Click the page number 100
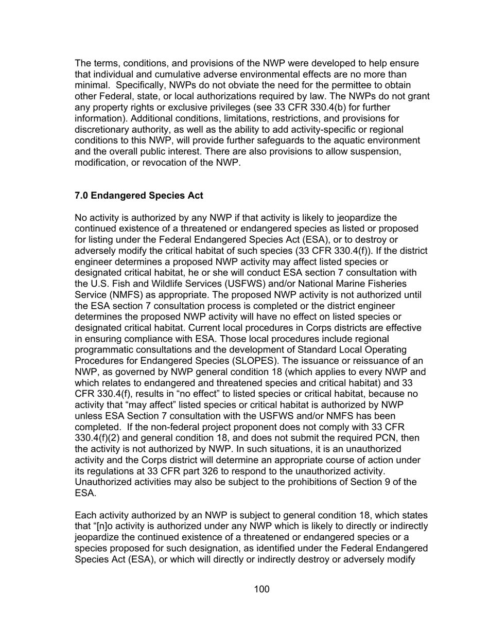point(261,589)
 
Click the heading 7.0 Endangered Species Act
point(139,196)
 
